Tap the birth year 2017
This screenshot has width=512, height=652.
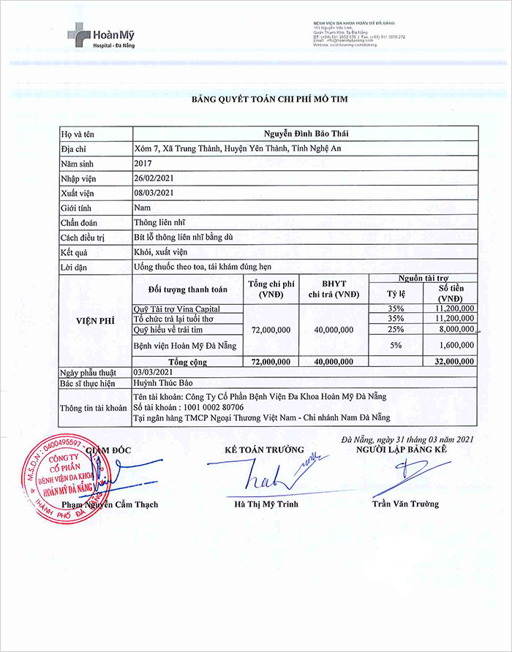tap(143, 164)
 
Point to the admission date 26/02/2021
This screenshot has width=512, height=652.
tap(154, 178)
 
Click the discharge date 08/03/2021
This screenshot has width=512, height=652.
tap(154, 193)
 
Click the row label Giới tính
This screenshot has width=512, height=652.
tap(80, 208)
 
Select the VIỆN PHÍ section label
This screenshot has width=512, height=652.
tap(94, 320)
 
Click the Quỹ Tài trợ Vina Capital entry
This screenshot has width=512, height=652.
tap(177, 309)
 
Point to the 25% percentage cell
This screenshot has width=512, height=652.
tap(396, 330)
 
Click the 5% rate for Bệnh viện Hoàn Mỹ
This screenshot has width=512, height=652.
tap(396, 344)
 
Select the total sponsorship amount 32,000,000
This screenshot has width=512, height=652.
tap(453, 361)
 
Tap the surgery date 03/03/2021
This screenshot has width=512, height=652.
tap(154, 371)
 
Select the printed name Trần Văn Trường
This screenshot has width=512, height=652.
tap(404, 504)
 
